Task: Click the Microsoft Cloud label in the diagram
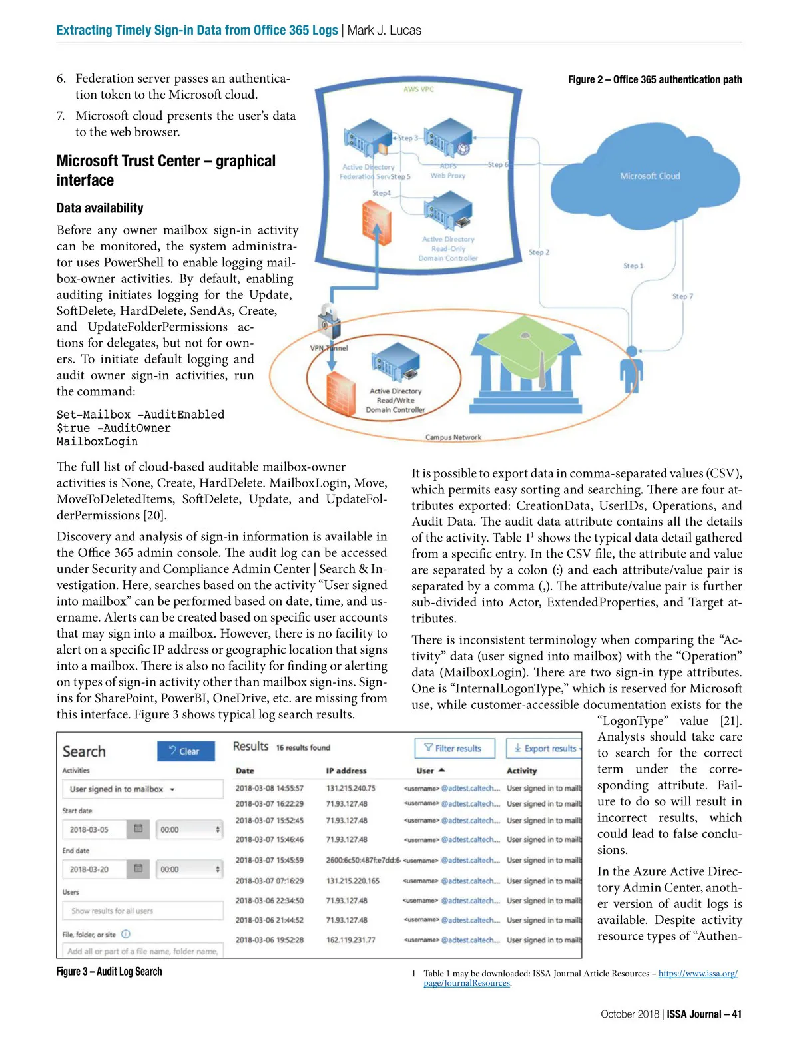pos(650,176)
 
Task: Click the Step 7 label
pos(682,296)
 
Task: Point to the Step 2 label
pos(539,252)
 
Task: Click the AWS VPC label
pos(418,89)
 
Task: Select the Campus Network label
pos(453,437)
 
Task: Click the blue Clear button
pos(186,751)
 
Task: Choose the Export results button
pos(544,749)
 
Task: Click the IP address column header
pos(346,771)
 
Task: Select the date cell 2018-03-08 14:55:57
pos(269,788)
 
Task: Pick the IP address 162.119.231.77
pos(350,940)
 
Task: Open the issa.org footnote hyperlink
pos(698,974)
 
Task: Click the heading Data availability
pos(100,208)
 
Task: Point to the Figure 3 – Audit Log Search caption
pos(109,972)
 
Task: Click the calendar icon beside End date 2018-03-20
pos(138,869)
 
